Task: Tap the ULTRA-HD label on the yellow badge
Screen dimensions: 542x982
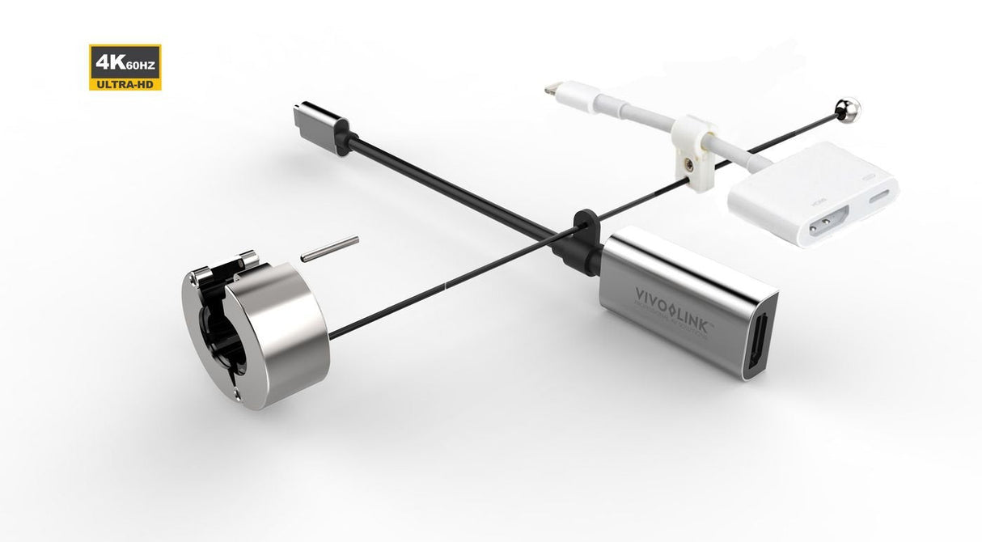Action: coord(125,83)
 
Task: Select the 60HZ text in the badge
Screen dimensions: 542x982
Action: coord(141,64)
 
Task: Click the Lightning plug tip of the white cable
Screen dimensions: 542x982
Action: coord(552,87)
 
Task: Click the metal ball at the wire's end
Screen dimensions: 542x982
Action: coord(849,107)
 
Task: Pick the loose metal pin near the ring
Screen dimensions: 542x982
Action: coord(329,248)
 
